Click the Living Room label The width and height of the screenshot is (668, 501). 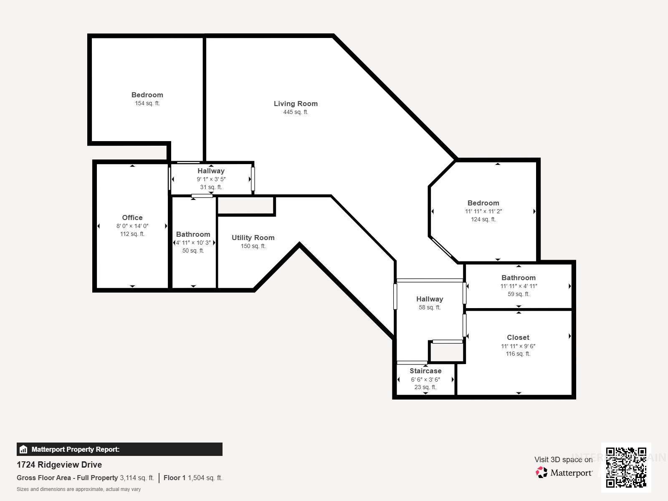pos(296,104)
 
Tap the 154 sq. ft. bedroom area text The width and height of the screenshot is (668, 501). pos(147,103)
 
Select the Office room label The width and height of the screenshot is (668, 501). pos(132,218)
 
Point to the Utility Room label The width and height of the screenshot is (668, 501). pos(253,238)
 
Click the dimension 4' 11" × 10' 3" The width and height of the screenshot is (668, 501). pos(193,243)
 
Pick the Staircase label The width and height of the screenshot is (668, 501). pos(425,371)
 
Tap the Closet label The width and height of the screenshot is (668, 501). pos(518,337)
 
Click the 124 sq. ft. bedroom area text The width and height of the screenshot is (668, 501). pos(483,219)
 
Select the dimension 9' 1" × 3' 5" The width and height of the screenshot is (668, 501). pos(211,179)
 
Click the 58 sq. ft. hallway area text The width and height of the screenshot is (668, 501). pos(429,307)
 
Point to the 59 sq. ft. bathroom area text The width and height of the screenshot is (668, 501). pos(518,294)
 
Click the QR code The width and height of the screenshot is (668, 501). pos(626,467)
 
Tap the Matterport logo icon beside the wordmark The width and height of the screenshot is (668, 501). pos(541,472)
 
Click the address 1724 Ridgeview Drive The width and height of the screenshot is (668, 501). pos(59,465)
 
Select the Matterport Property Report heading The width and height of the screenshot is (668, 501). pos(75,449)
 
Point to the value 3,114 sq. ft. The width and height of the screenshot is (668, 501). pos(137,478)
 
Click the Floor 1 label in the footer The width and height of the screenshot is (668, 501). pos(174,478)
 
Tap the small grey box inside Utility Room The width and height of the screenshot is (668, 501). pos(246,205)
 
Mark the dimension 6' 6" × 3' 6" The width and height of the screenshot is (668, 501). pos(425,380)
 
